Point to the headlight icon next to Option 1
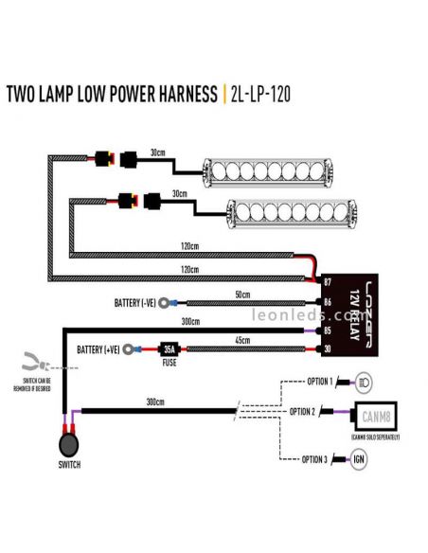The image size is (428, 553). (365, 382)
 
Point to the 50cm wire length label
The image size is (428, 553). (243, 295)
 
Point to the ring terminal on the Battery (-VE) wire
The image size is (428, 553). (167, 304)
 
